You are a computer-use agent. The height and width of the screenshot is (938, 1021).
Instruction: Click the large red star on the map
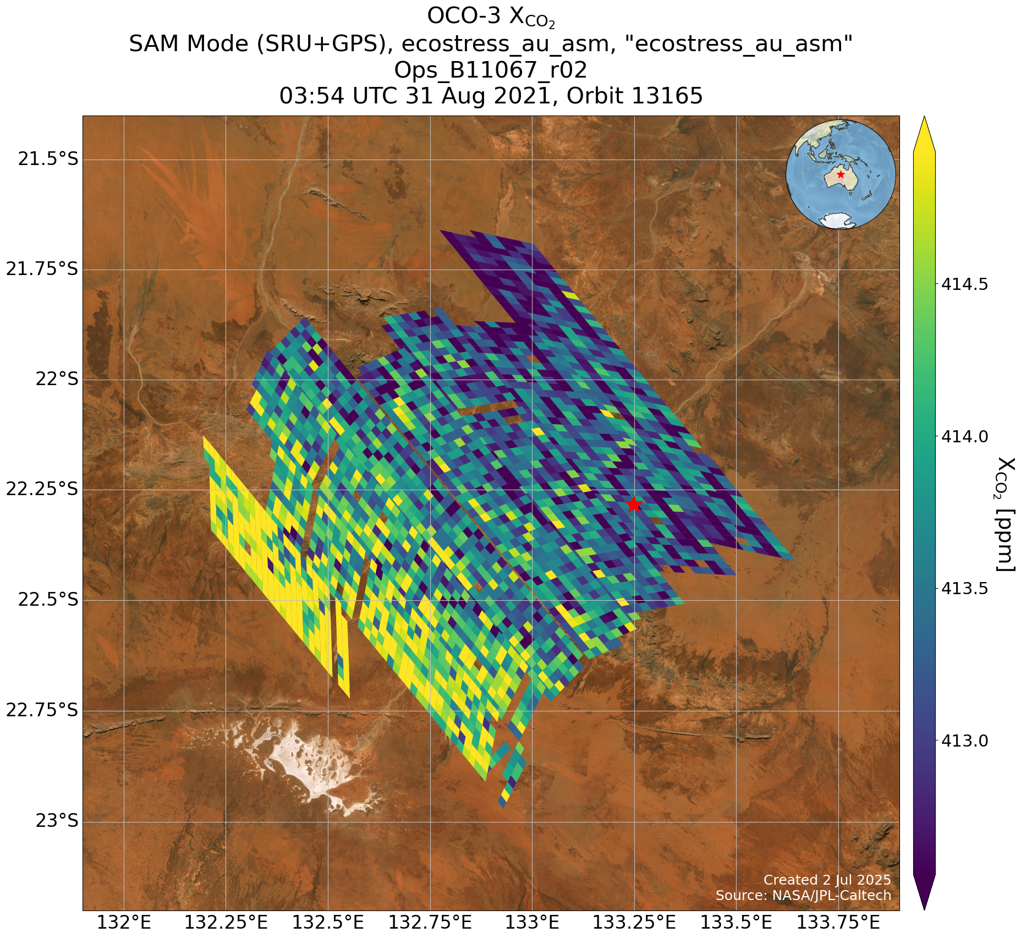point(634,503)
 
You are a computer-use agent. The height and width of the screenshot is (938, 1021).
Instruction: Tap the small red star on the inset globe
point(841,174)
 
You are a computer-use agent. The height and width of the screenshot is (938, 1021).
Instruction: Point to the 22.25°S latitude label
point(42,489)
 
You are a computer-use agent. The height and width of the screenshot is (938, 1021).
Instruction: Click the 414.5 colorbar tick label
point(964,284)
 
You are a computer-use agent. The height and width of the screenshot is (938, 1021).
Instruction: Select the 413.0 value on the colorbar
point(964,741)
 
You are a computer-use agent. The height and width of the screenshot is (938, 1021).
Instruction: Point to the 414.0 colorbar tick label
point(964,437)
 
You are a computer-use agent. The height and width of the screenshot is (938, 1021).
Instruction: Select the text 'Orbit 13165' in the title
point(635,96)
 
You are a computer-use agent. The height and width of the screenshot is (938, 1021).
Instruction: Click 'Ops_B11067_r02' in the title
point(491,70)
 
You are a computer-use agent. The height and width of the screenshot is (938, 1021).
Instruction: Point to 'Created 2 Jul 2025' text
point(827,880)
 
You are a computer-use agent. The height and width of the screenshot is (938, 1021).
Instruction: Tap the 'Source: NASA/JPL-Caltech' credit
point(803,896)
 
